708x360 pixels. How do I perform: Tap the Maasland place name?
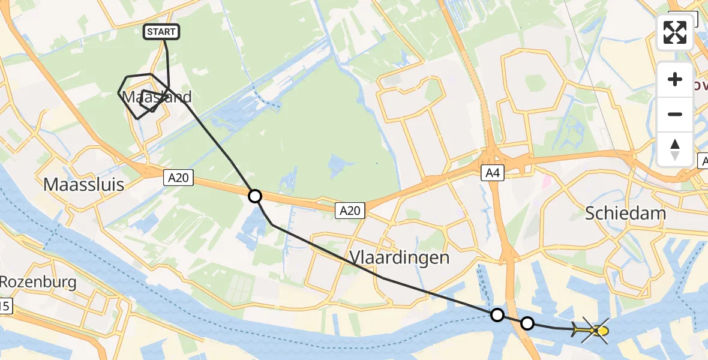coord(157,97)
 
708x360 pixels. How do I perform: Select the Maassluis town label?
coord(84,184)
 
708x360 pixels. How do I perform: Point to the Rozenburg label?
coord(38,282)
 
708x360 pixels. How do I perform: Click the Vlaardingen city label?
coord(398,257)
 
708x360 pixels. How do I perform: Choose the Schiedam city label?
coord(626,213)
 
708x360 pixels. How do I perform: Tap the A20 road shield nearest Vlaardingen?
coord(350,210)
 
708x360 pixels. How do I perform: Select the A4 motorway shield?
coord(492,173)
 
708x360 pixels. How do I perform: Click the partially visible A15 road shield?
coord(5,307)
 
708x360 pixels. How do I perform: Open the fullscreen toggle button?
coord(675,32)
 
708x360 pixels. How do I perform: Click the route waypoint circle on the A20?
coord(255,196)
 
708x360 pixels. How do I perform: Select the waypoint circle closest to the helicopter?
coord(527,323)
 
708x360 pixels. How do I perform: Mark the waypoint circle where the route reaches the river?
coord(497,314)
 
